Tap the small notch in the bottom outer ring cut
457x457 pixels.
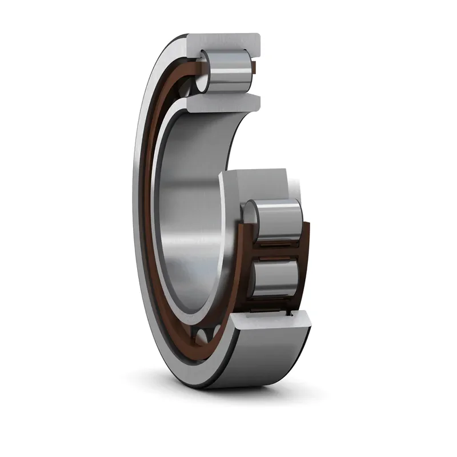[292, 314]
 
